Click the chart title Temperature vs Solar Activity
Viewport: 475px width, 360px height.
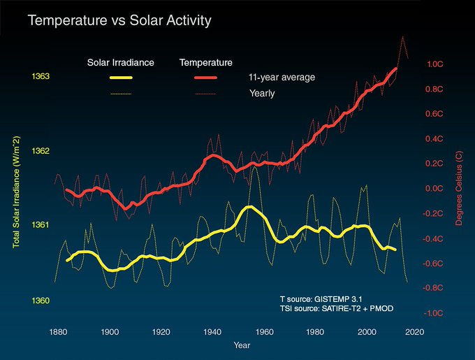coord(119,21)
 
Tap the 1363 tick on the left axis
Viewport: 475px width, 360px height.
coord(40,76)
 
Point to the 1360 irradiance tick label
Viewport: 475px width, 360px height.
coord(40,301)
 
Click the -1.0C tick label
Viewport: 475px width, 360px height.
coord(434,313)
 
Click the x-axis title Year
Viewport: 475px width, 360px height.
coord(242,345)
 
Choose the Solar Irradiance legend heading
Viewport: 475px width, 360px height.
coord(120,63)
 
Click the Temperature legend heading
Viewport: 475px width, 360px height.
coord(206,63)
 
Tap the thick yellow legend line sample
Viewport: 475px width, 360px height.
coord(120,77)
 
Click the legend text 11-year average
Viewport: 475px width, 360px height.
coord(282,77)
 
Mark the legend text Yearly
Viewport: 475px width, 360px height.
coord(262,93)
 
